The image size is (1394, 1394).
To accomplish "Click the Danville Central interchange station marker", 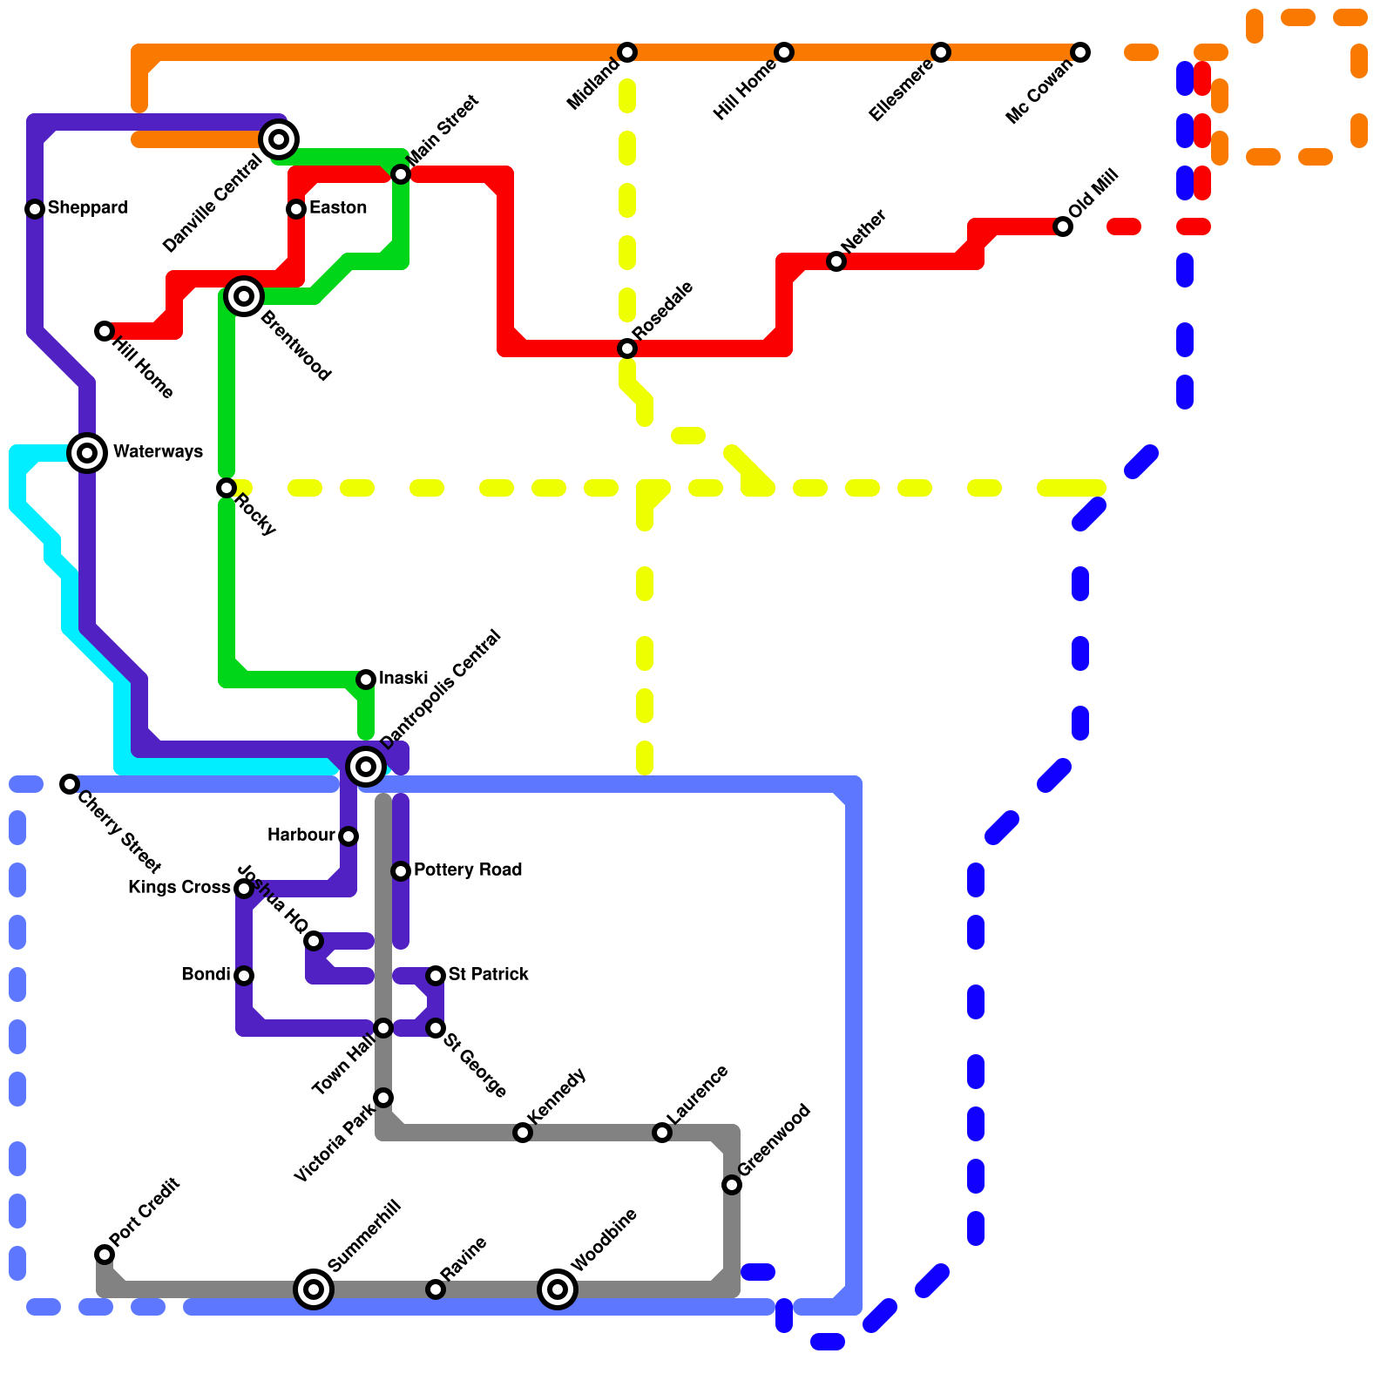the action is [279, 139].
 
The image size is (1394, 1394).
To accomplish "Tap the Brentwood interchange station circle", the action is [244, 296].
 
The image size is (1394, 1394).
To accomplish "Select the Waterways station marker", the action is [87, 452].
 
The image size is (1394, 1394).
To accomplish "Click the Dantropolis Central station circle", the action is [366, 766].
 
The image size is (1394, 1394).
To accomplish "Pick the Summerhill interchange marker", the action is [314, 1289].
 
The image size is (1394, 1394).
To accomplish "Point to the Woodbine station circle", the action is [558, 1289].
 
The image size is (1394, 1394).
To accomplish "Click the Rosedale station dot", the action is [627, 348].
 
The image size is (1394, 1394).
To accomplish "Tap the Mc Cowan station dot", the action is [1080, 52].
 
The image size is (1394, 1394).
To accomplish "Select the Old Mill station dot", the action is [1063, 227].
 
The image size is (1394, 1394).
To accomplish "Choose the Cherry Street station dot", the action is [70, 784].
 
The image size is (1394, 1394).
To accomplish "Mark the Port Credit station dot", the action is [105, 1255].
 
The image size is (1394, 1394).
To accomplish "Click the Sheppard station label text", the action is [87, 207].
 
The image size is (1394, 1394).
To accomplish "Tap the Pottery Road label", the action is [468, 870].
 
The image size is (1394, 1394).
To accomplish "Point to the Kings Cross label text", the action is [179, 887].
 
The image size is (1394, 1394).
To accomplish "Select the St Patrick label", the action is [488, 974].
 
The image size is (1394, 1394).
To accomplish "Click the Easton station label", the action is [338, 207].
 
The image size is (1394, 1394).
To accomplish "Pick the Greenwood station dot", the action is [732, 1185].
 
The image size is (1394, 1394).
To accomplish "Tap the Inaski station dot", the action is [366, 680].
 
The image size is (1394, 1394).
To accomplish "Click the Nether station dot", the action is [836, 261].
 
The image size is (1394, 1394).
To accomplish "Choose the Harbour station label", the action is [301, 835].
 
